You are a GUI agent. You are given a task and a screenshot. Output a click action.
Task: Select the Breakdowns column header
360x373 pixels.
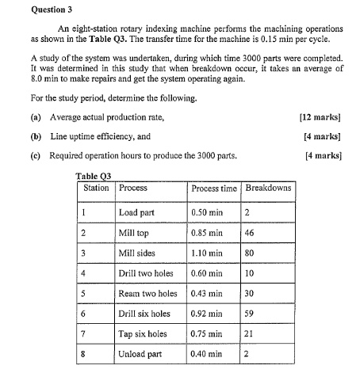pyautogui.click(x=269, y=188)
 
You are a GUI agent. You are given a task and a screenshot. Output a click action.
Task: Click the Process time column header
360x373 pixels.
pyautogui.click(x=214, y=188)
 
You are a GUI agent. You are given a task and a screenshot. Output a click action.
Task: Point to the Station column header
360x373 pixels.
pyautogui.click(x=97, y=188)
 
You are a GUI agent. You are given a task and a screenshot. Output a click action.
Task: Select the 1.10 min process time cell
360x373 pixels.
pyautogui.click(x=207, y=253)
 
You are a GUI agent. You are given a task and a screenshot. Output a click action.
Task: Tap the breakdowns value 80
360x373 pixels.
pyautogui.click(x=251, y=253)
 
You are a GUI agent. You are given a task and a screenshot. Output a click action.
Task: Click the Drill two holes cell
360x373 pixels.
pyautogui.click(x=146, y=273)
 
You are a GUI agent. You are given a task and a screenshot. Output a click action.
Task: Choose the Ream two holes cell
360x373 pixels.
pyautogui.click(x=147, y=294)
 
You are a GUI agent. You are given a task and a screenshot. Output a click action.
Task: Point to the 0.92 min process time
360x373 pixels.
pyautogui.click(x=207, y=314)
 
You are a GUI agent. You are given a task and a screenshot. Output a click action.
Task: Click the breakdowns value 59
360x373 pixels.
pyautogui.click(x=251, y=314)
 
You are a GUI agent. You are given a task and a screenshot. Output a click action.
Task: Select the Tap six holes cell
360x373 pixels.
pyautogui.click(x=142, y=333)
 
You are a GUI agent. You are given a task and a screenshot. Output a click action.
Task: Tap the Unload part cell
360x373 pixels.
pyautogui.click(x=140, y=354)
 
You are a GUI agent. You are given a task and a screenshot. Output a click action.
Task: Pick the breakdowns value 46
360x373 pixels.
pyautogui.click(x=251, y=234)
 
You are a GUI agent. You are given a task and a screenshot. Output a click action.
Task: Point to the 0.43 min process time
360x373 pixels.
pyautogui.click(x=207, y=294)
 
